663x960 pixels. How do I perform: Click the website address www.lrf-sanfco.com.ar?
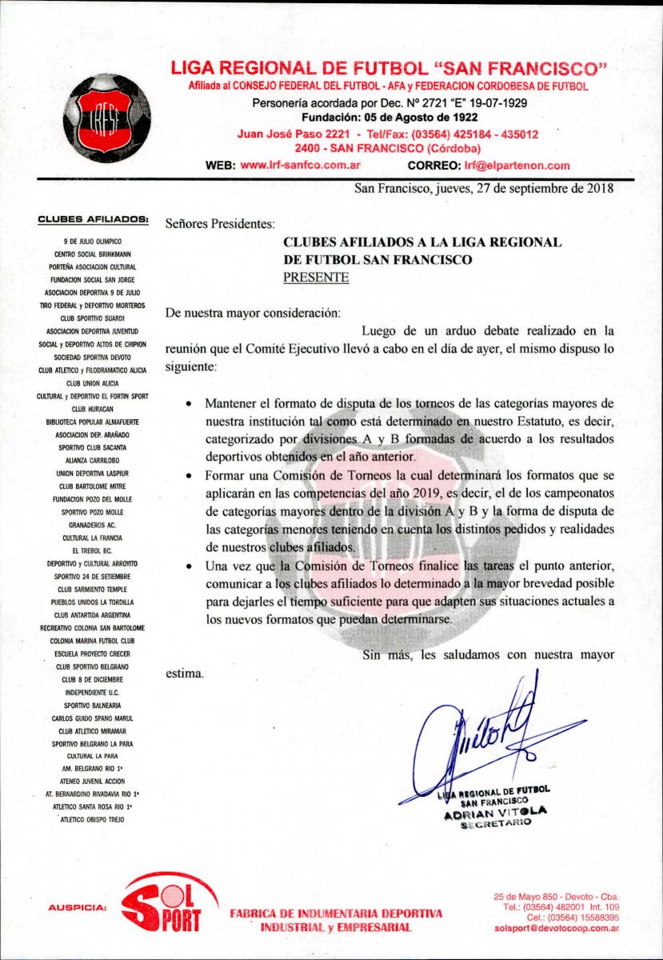pos(299,166)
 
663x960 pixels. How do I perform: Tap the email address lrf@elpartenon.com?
pos(517,166)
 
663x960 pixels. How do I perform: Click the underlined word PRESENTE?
pos(316,278)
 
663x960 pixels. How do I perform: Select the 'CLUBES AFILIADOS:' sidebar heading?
pos(94,218)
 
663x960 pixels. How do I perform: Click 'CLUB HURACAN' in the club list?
pos(94,409)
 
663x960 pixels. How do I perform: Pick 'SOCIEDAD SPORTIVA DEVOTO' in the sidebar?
pos(94,357)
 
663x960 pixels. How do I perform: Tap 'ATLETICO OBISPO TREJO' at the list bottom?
pos(94,819)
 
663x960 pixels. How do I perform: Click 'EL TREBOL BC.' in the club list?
pos(94,550)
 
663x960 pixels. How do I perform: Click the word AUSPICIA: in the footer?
pos(77,907)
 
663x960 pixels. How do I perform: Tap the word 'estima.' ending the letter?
pos(185,673)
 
